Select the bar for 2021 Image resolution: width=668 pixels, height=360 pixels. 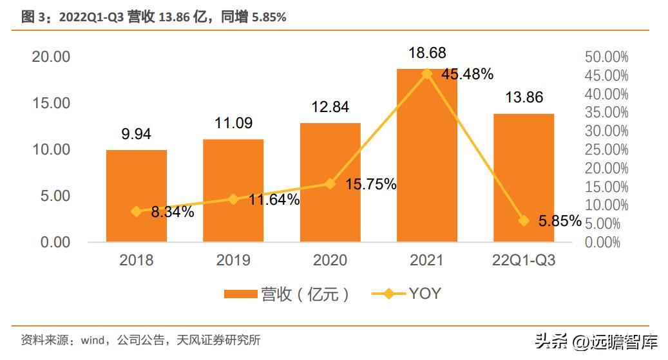pos(426,155)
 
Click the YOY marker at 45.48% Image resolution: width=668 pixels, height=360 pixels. pos(426,73)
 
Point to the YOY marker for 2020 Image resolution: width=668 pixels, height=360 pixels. pos(330,184)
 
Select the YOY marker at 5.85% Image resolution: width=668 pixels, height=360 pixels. pos(523,220)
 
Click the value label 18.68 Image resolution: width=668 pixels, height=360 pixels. pos(426,53)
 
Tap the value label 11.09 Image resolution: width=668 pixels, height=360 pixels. pos(233,123)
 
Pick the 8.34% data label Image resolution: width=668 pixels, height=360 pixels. pos(173,211)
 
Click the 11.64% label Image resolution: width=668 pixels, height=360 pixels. pos(274,200)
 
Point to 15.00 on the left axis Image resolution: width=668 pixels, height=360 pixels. pos(51,103)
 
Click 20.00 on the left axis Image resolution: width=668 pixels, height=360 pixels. pos(51,57)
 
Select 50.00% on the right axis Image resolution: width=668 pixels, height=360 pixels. pos(606,57)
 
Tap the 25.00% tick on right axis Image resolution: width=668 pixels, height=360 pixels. pos(606,149)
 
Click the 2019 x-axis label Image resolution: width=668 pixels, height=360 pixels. pos(233,260)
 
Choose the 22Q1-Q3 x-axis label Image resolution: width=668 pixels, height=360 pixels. pos(523,260)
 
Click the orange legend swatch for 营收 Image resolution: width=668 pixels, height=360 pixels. pos(240,294)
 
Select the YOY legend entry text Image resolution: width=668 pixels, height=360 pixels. pos(425,294)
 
